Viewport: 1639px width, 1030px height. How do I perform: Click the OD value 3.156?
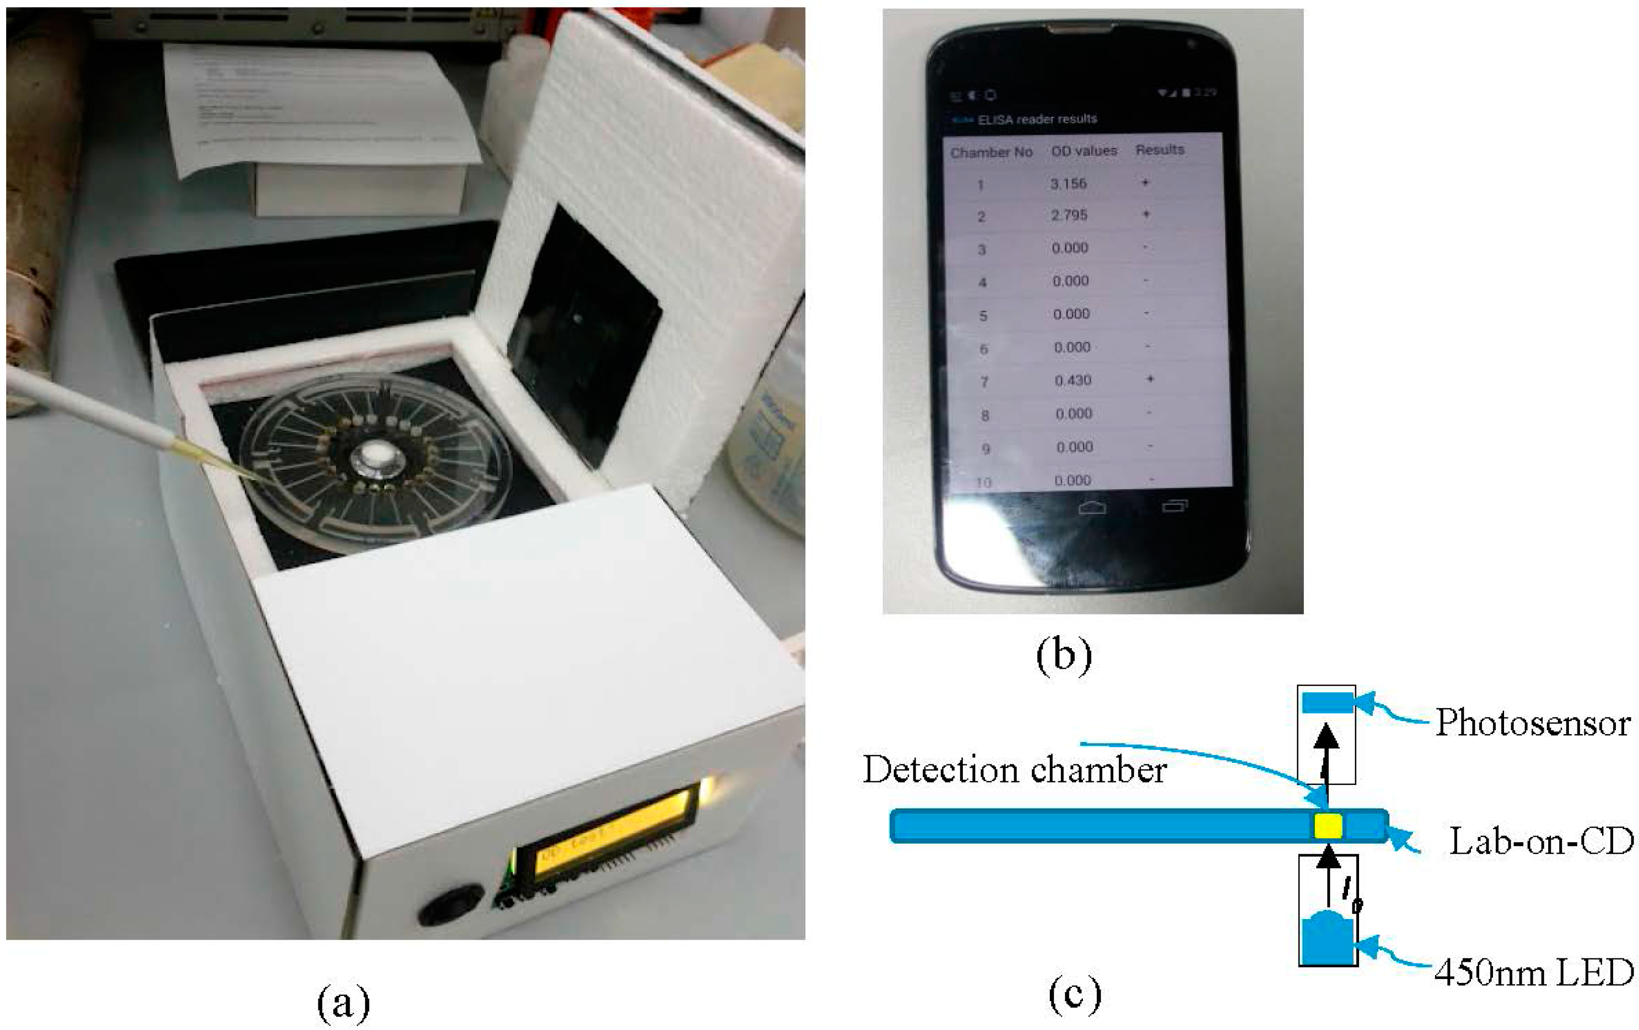[1068, 183]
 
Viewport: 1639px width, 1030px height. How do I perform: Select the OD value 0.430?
[1073, 380]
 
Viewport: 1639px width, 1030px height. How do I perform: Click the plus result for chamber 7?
[1150, 379]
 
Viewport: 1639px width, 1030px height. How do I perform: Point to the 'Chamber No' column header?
[991, 152]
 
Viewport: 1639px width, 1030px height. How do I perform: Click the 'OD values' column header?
[1083, 150]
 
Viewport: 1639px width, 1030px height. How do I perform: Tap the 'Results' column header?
[1159, 149]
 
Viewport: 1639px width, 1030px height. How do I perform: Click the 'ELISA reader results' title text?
[1037, 119]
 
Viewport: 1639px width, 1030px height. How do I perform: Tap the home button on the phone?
[1092, 507]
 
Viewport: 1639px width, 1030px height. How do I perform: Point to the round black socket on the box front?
[450, 904]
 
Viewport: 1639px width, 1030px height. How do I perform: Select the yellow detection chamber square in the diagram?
[1327, 826]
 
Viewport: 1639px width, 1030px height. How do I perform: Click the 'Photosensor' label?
[1533, 723]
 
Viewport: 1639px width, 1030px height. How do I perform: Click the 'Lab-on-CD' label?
[1541, 841]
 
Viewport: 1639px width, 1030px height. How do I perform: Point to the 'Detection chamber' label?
[1014, 770]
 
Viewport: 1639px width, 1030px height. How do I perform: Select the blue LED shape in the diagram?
[1327, 939]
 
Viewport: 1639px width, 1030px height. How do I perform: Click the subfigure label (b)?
[1064, 655]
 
